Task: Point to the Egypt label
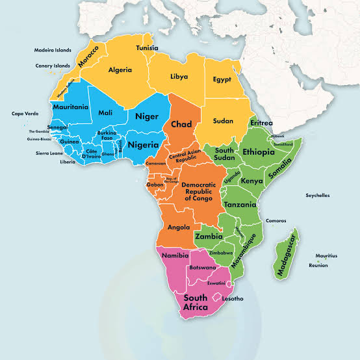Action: click(222, 79)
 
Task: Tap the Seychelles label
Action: click(318, 195)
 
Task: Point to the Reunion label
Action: click(318, 265)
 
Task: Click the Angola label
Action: click(178, 227)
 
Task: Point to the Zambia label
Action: click(209, 237)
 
